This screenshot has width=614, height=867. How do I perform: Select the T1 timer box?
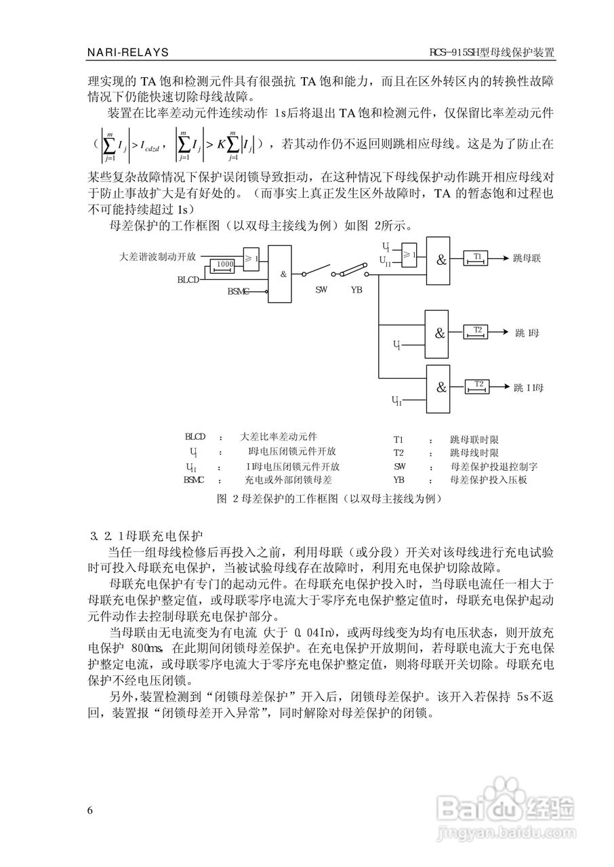[478, 257]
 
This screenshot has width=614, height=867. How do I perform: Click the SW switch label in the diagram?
[321, 289]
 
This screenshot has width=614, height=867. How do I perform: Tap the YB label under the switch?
[356, 289]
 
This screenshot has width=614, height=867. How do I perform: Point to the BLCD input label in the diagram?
[188, 279]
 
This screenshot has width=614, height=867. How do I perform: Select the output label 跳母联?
[527, 258]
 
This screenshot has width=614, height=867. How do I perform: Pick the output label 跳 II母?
[529, 387]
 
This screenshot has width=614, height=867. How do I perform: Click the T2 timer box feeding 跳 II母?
[478, 386]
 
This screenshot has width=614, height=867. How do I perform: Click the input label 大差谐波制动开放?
[157, 257]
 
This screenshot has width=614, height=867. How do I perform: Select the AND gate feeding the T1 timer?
[441, 259]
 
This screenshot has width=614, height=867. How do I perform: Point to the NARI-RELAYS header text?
[128, 52]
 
